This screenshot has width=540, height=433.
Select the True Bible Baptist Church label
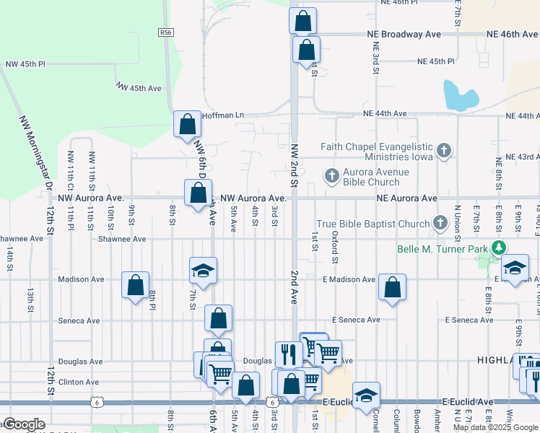373,224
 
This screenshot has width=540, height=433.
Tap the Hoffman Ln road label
224,115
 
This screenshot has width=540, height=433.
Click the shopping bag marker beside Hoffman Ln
187,123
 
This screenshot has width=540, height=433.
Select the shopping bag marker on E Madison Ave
392,287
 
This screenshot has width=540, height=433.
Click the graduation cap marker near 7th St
203,271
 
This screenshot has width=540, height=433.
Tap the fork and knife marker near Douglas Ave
287,354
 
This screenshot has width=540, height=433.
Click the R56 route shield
167,32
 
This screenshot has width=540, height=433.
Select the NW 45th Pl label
25,64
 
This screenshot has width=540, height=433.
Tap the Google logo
24,424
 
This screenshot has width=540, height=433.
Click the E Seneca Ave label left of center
356,320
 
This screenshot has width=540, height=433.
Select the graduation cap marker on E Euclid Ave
367,395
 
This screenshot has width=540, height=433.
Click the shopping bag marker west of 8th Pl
135,285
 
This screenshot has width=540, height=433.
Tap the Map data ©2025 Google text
495,427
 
